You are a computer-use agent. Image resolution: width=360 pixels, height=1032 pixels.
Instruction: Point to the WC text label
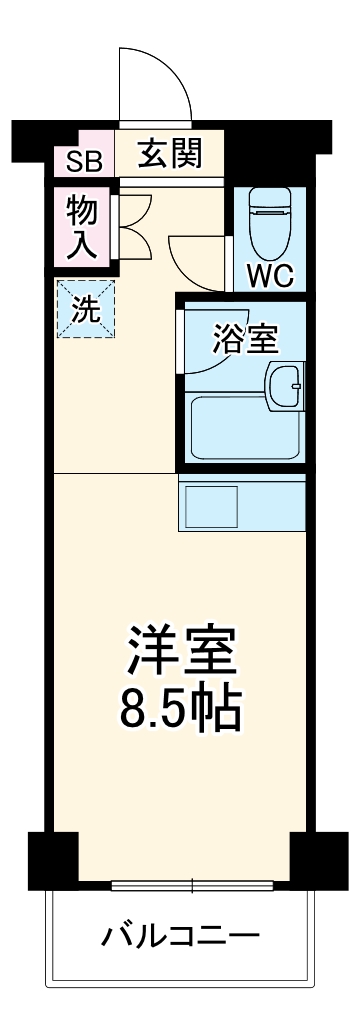pos(269,275)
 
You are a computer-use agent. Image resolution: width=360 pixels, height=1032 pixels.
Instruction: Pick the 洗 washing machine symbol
pos(85,309)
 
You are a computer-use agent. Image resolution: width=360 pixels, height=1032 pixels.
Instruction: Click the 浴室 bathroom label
pos(245,339)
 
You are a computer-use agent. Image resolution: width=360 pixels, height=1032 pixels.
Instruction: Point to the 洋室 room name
pos(181,650)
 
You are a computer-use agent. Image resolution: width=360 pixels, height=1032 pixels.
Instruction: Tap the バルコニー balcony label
pos(181,937)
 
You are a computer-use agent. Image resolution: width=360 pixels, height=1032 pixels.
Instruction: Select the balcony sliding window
pos(190,885)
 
